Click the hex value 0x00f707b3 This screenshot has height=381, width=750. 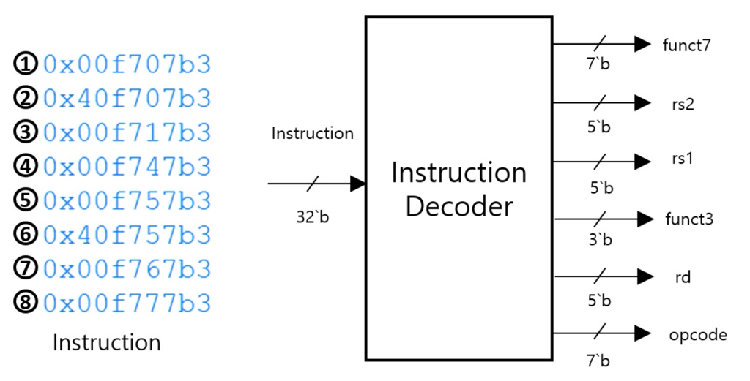click(127, 65)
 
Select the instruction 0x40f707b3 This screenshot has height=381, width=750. click(127, 98)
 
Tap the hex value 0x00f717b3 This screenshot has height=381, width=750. click(127, 132)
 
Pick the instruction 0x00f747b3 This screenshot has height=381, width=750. click(127, 167)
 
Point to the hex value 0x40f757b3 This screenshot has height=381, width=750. click(127, 235)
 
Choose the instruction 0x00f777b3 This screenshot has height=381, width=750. click(127, 302)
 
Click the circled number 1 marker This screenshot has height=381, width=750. click(26, 65)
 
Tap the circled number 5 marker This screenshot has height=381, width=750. click(26, 200)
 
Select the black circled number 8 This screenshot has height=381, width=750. click(26, 302)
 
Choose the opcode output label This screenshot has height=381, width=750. click(697, 335)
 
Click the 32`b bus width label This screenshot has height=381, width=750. click(313, 217)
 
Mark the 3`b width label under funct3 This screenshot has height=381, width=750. click(600, 239)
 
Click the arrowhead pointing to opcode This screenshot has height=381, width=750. click(642, 334)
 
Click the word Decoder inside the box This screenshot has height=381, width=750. click(458, 206)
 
